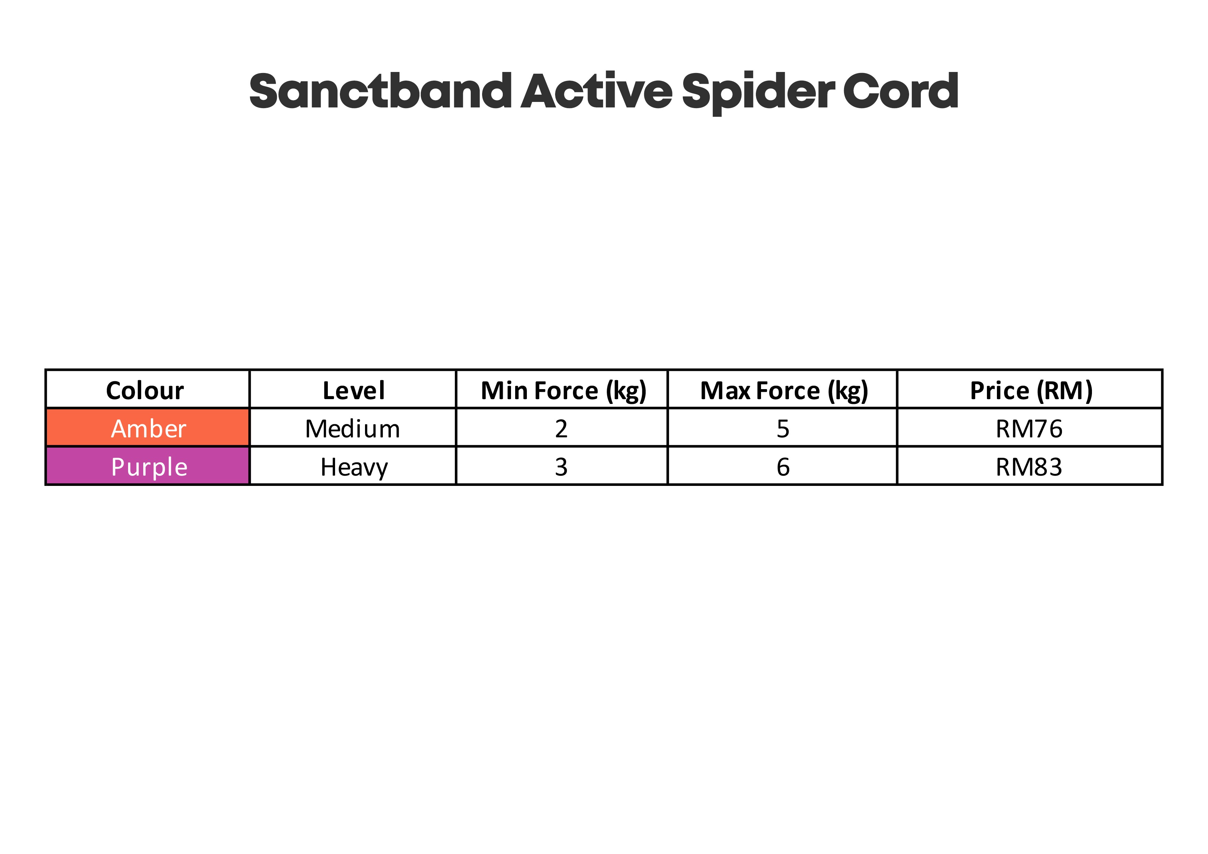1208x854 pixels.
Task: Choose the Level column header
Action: click(x=354, y=390)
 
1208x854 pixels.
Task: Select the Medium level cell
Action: click(x=353, y=429)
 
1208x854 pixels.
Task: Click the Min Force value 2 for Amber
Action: click(x=561, y=429)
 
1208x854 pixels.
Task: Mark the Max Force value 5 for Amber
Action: click(x=783, y=429)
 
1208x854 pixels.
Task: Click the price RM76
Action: click(x=1029, y=429)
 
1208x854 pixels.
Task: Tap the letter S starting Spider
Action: click(x=697, y=91)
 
